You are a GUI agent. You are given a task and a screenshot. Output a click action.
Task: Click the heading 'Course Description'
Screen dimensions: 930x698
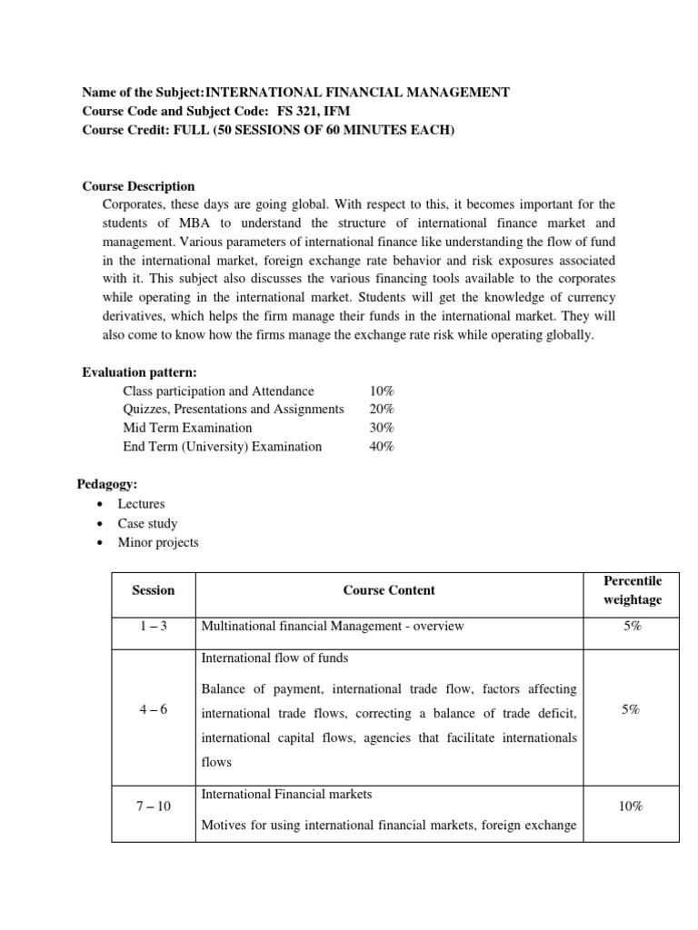pos(138,186)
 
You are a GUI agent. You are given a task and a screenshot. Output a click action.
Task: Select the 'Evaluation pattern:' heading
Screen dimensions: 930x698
pos(139,372)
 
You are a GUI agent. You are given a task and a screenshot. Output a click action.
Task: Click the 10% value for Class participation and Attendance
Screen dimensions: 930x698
pos(382,391)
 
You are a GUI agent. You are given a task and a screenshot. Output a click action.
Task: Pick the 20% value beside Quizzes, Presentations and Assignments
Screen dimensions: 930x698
pos(382,410)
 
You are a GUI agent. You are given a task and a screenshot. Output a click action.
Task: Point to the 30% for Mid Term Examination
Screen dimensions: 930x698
pos(382,428)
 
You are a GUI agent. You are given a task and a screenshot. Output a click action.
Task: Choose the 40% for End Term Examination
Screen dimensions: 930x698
pos(382,446)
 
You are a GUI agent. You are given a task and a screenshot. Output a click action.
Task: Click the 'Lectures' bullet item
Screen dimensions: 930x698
pos(141,503)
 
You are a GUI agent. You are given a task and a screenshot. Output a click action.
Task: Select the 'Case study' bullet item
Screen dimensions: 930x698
pos(147,523)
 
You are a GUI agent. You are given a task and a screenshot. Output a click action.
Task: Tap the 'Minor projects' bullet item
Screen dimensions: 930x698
pos(157,543)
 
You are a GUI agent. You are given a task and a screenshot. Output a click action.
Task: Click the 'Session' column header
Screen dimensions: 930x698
pos(153,590)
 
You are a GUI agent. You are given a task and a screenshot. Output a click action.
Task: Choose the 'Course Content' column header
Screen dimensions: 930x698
pos(389,590)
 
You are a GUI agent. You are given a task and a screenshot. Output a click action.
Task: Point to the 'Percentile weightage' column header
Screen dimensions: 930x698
pos(633,589)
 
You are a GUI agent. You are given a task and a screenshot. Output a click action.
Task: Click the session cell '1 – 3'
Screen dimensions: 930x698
pos(153,627)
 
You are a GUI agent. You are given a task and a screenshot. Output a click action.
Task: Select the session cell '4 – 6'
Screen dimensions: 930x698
pos(153,710)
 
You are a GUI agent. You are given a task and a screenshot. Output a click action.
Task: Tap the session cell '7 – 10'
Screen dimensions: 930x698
pos(153,806)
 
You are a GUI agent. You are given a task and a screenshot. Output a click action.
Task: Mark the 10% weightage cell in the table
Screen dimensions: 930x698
pos(633,806)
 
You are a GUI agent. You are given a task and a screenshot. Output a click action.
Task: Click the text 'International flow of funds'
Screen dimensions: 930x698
pos(274,658)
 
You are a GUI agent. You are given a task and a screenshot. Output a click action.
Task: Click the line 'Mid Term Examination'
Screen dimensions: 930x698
pos(187,428)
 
